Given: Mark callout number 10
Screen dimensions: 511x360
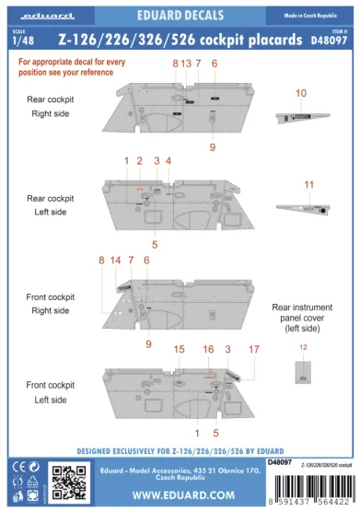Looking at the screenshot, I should (301, 94).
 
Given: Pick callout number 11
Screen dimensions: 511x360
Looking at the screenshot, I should (308, 184).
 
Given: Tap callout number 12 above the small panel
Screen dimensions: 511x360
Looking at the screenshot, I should (304, 347).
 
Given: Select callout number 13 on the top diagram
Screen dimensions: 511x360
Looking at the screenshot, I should (186, 63).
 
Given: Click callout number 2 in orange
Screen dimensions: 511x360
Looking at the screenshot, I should (139, 160).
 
